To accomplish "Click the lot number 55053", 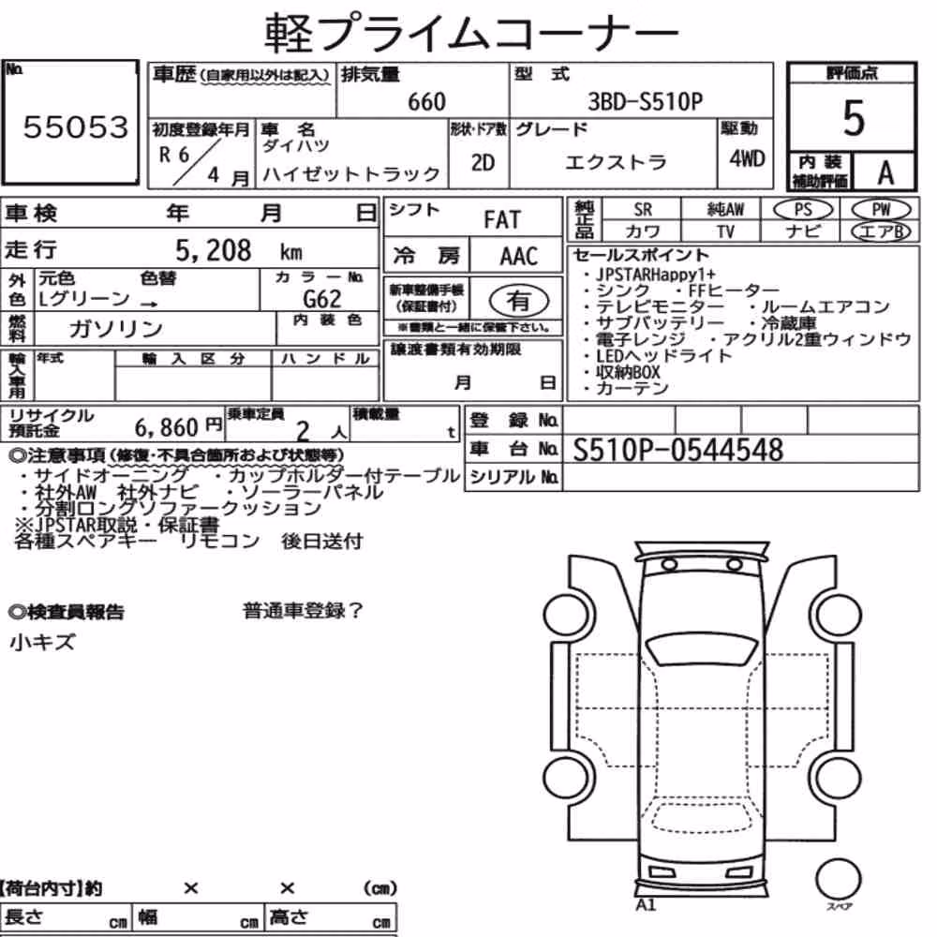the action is pyautogui.click(x=75, y=127).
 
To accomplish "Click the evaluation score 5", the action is pyautogui.click(x=854, y=118).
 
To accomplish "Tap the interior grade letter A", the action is pyautogui.click(x=885, y=173).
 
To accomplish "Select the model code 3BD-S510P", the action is pyautogui.click(x=646, y=101).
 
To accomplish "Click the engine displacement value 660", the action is pyautogui.click(x=426, y=102).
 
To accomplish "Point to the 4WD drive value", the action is pyautogui.click(x=747, y=159).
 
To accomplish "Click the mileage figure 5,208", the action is pyautogui.click(x=214, y=251).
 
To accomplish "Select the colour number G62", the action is pyautogui.click(x=322, y=298).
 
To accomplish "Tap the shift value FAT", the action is pyautogui.click(x=502, y=220).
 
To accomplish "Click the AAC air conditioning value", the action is pyautogui.click(x=519, y=257).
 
